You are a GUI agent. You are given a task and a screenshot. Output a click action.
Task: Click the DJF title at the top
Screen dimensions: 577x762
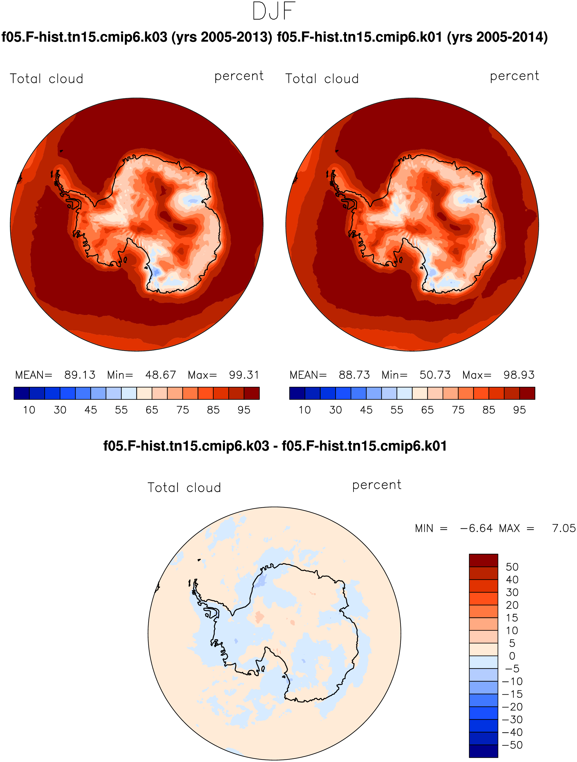pyautogui.click(x=274, y=11)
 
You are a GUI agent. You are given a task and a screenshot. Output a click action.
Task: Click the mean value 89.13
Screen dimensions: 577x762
pyautogui.click(x=80, y=375)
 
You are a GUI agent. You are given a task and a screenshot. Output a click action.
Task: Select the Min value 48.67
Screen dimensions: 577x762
pyautogui.click(x=160, y=375)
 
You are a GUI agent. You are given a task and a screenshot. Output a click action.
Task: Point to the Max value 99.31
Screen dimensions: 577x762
pyautogui.click(x=244, y=375)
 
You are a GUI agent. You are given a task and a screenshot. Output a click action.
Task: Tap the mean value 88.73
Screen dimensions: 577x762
pyautogui.click(x=354, y=375)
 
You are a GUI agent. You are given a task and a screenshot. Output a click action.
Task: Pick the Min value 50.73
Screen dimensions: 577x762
pyautogui.click(x=435, y=375)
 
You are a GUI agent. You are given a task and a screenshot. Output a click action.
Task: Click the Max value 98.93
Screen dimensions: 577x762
pyautogui.click(x=519, y=375)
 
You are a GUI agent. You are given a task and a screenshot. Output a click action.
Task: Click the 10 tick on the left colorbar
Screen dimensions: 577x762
pyautogui.click(x=29, y=410)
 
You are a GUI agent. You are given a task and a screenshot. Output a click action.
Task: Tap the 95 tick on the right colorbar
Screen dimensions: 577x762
pyautogui.click(x=519, y=410)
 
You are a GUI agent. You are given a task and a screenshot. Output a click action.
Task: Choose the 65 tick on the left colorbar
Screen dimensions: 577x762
pyautogui.click(x=152, y=410)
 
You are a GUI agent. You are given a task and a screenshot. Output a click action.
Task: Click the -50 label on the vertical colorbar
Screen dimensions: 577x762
pyautogui.click(x=512, y=745)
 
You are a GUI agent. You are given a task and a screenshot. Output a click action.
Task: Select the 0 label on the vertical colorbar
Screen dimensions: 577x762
pyautogui.click(x=512, y=656)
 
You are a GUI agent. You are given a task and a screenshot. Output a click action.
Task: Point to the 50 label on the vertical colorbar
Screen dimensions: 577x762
pyautogui.click(x=512, y=567)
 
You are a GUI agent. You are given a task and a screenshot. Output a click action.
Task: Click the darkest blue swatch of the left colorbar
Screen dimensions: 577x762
pyautogui.click(x=22, y=393)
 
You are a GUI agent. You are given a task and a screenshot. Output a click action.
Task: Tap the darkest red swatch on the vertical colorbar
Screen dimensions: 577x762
pyautogui.click(x=483, y=560)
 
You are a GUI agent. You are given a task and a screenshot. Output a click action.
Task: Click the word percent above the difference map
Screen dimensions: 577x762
pyautogui.click(x=377, y=485)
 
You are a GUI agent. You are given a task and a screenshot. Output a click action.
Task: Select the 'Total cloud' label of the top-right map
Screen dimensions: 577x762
pyautogui.click(x=322, y=79)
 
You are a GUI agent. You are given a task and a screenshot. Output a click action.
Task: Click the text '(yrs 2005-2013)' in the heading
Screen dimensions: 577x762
pyautogui.click(x=222, y=37)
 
